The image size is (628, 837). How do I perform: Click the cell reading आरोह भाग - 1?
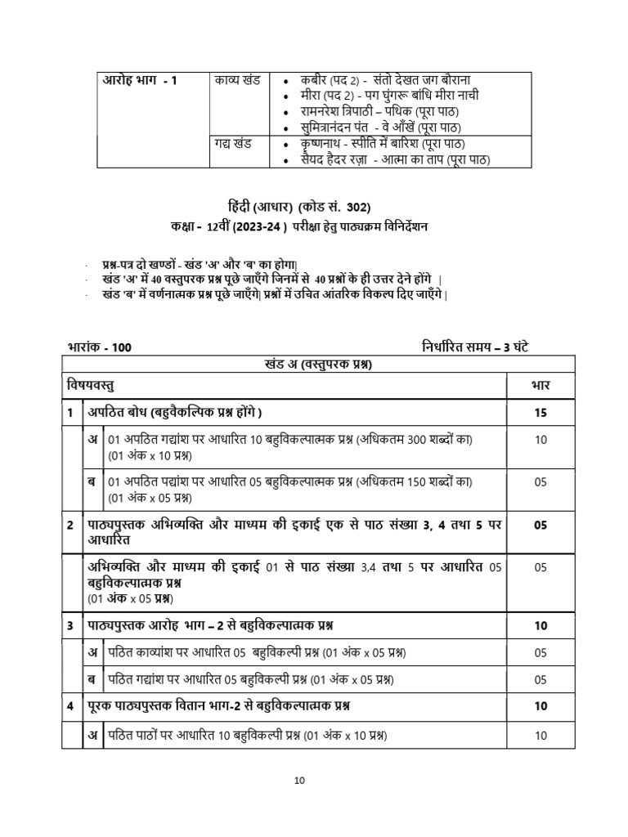(139, 80)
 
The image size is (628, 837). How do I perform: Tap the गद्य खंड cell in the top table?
(233, 144)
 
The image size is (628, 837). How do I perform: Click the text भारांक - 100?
(97, 347)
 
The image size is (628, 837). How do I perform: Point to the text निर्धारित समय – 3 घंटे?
(480, 346)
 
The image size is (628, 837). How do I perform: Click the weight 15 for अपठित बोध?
(541, 413)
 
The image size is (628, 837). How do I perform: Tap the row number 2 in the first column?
(70, 525)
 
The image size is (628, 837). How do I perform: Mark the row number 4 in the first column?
(70, 705)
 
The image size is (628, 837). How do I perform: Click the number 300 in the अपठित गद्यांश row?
(418, 440)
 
